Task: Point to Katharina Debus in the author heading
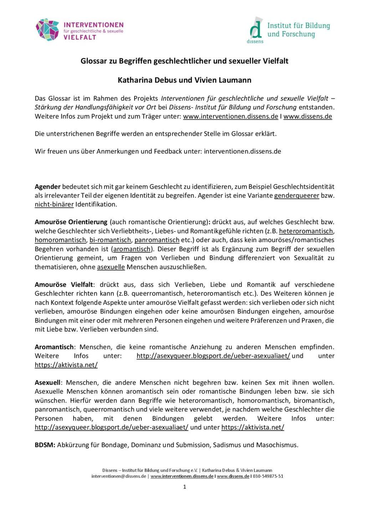[x=145, y=80]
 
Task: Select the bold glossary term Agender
[x=48, y=187]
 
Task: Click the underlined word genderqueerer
[x=297, y=196]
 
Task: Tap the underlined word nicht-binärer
[x=54, y=205]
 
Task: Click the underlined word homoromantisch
[x=60, y=240]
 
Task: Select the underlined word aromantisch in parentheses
[x=132, y=249]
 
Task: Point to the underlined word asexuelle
[x=111, y=267]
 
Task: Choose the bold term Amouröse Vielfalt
[x=64, y=285]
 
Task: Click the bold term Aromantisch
[x=54, y=347]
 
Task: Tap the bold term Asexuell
[x=48, y=383]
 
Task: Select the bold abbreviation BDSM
[x=45, y=445]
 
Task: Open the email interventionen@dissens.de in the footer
[x=119, y=476]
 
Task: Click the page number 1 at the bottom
[x=185, y=487]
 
